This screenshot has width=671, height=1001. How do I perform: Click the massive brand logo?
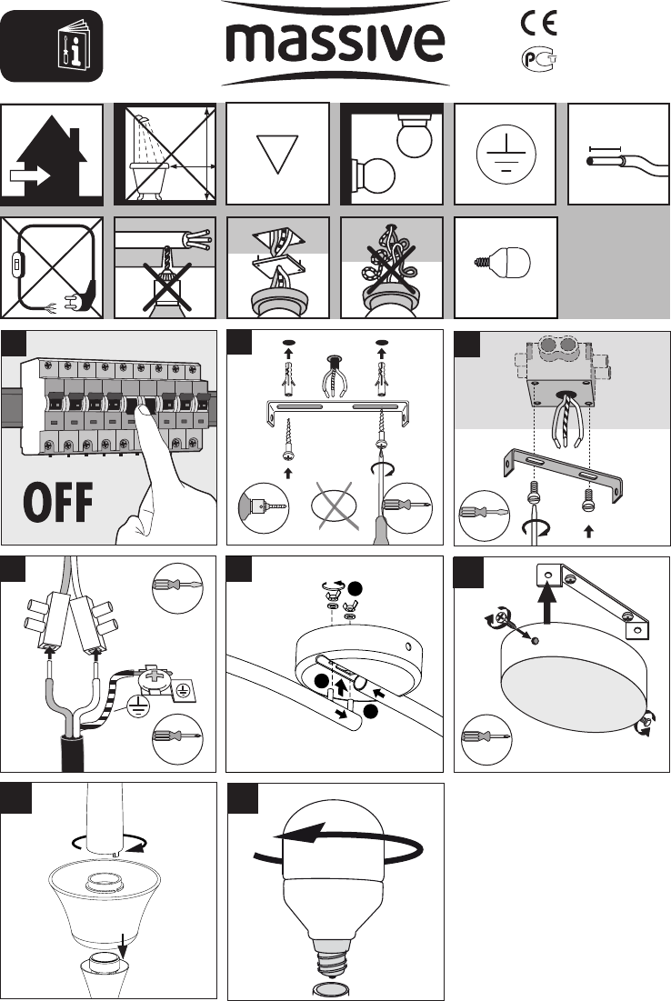[x=335, y=43]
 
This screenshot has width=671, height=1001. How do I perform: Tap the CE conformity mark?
[x=539, y=23]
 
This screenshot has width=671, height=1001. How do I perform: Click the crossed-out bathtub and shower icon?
[x=165, y=154]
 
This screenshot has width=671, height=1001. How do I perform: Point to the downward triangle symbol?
[x=277, y=154]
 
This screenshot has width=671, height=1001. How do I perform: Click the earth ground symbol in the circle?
[x=506, y=154]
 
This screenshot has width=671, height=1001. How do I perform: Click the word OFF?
[x=58, y=503]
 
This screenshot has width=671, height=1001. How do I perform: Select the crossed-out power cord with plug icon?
[x=52, y=267]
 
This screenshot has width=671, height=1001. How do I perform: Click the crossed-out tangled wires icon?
[x=391, y=267]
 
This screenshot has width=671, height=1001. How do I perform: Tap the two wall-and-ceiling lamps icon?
[x=391, y=154]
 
